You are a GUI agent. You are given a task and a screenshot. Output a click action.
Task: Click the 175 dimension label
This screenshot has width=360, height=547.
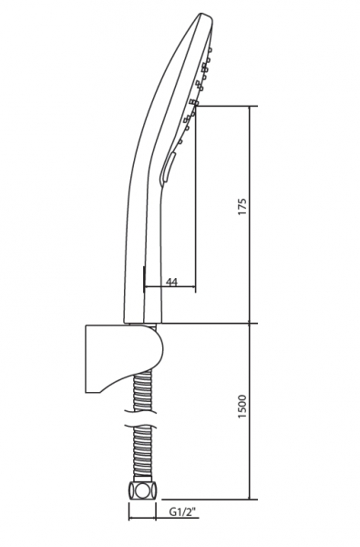coord(242,207)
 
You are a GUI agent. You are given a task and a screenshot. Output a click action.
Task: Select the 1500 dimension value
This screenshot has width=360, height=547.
coord(242,407)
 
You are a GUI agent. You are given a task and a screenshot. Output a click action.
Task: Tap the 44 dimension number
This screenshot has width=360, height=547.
coord(171,282)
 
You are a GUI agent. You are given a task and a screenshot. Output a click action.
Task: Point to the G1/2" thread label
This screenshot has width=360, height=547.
coord(182,512)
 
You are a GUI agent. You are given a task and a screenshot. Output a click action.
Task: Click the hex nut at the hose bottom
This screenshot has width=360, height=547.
coord(143,490)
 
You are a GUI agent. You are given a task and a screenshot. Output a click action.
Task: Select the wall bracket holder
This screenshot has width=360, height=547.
coord(124,358)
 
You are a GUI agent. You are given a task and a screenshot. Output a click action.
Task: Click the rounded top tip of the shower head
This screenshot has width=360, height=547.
coord(204,15)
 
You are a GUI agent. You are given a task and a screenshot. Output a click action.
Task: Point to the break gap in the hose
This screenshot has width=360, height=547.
coord(143,418)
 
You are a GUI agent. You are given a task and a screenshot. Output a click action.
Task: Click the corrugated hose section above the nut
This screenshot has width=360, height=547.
coord(143,453)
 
